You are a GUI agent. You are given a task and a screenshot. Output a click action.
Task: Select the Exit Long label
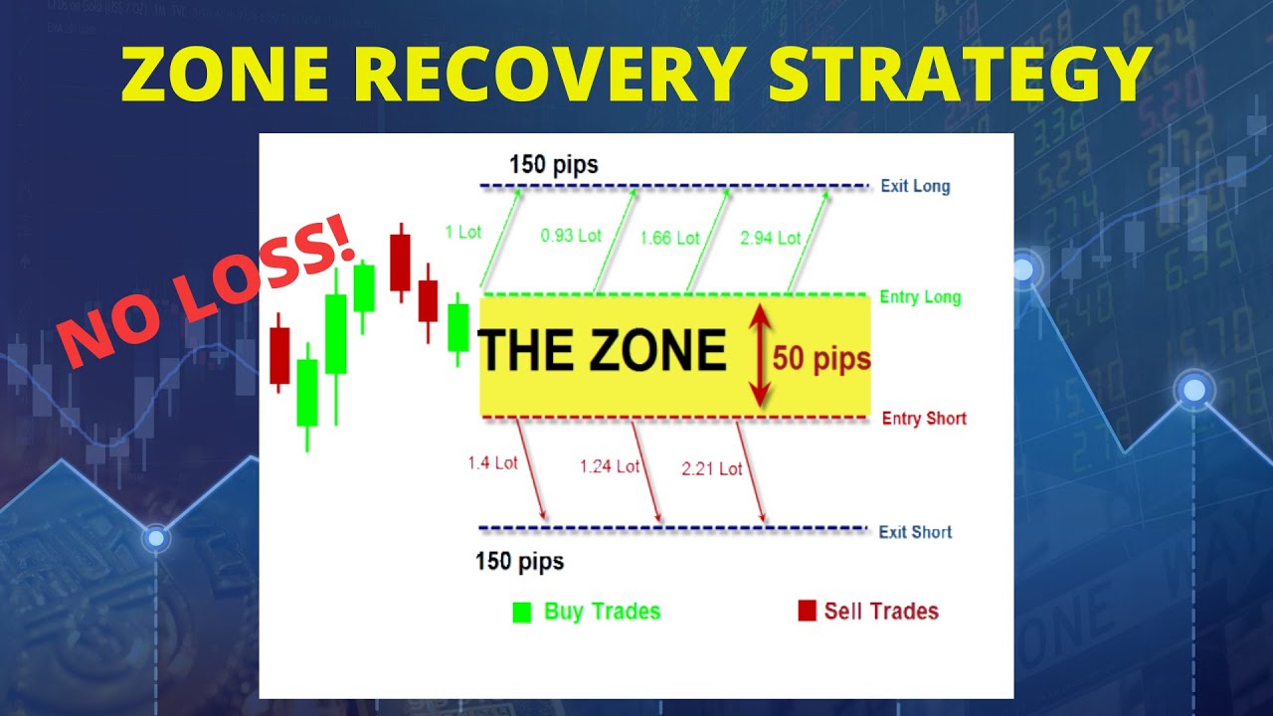point(915,186)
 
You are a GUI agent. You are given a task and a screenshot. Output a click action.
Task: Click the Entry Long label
point(920,296)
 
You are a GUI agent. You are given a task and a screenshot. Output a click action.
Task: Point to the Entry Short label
point(924,419)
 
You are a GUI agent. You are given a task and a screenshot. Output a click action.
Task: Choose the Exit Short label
point(915,532)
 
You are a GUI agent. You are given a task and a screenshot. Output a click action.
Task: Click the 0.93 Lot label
point(571,236)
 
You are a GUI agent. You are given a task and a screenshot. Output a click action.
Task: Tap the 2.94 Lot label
point(771,238)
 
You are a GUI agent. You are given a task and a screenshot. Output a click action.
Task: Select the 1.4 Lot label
point(492,462)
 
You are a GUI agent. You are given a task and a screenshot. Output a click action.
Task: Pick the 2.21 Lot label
point(712,468)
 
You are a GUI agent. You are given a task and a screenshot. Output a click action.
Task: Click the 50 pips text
point(821,359)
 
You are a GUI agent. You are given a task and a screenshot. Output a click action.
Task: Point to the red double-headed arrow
point(759,356)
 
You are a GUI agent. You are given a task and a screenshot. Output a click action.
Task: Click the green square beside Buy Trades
point(522,612)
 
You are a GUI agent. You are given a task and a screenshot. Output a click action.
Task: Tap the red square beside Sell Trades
point(807,611)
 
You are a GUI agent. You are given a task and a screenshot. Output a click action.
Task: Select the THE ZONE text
point(602,350)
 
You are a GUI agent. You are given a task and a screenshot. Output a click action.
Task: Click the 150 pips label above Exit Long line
point(554,164)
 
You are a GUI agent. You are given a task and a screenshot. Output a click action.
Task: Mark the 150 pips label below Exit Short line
point(519,562)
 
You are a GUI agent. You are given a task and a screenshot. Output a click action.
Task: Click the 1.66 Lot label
point(669,238)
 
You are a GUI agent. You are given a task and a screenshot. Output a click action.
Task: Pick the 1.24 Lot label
point(610,466)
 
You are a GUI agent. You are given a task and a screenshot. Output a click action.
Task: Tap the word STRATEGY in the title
point(961,74)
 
